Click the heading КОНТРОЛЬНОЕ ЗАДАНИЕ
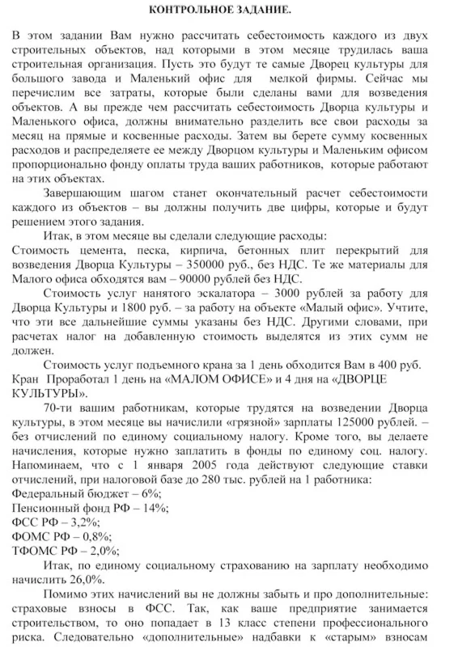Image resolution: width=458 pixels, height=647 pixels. click(229, 9)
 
